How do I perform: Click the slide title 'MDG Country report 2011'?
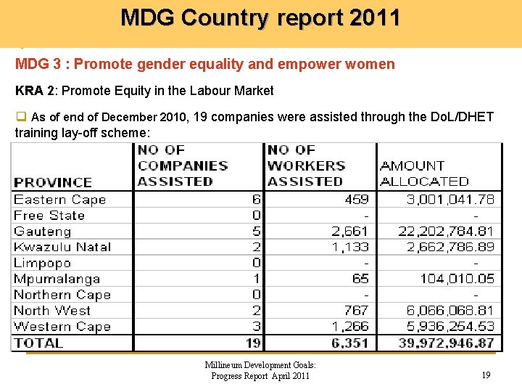[x=260, y=17]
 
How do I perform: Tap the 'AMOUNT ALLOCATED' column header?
[x=424, y=173]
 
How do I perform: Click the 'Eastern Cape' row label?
[x=60, y=200]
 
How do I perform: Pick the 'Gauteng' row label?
[x=43, y=232]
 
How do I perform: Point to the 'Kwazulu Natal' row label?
[x=62, y=248]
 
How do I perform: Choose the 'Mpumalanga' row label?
[x=57, y=279]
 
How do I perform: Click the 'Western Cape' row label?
[x=62, y=327]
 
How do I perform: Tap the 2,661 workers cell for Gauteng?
[x=350, y=232]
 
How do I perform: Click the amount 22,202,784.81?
[x=446, y=232]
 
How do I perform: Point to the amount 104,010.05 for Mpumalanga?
[x=457, y=279]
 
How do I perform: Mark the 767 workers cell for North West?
[x=356, y=311]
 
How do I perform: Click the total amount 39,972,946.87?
[x=446, y=343]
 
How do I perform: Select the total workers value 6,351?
[x=350, y=343]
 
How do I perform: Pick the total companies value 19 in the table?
[x=252, y=343]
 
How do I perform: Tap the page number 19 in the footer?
[x=486, y=375]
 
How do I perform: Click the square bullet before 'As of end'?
[x=20, y=117]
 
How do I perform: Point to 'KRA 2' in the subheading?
[x=33, y=91]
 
